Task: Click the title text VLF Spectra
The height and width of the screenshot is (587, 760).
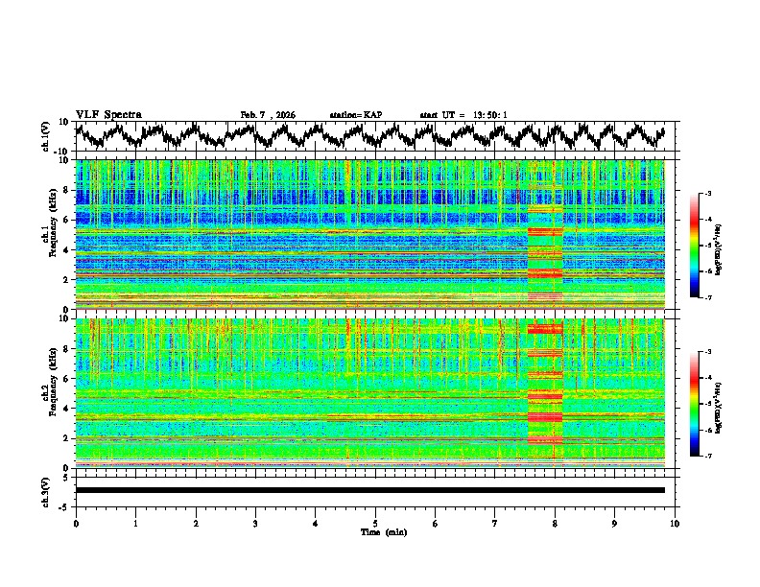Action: click(x=108, y=115)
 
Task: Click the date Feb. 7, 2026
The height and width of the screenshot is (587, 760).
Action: click(x=268, y=115)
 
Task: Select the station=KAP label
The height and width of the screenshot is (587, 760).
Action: click(x=355, y=115)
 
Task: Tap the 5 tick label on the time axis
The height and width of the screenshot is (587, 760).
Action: click(x=375, y=523)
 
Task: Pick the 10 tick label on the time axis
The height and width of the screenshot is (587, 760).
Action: click(x=675, y=523)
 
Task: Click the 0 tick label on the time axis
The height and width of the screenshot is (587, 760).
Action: click(x=76, y=523)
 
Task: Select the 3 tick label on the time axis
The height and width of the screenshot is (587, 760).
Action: click(x=255, y=523)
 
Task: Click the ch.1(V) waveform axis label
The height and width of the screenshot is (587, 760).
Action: click(x=47, y=136)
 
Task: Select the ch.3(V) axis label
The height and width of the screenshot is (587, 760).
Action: click(x=47, y=490)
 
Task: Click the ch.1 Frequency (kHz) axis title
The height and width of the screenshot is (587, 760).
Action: click(x=50, y=234)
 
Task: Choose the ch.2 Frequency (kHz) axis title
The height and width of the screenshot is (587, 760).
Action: click(x=50, y=392)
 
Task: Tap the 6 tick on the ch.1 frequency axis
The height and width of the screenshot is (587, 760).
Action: click(x=66, y=220)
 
